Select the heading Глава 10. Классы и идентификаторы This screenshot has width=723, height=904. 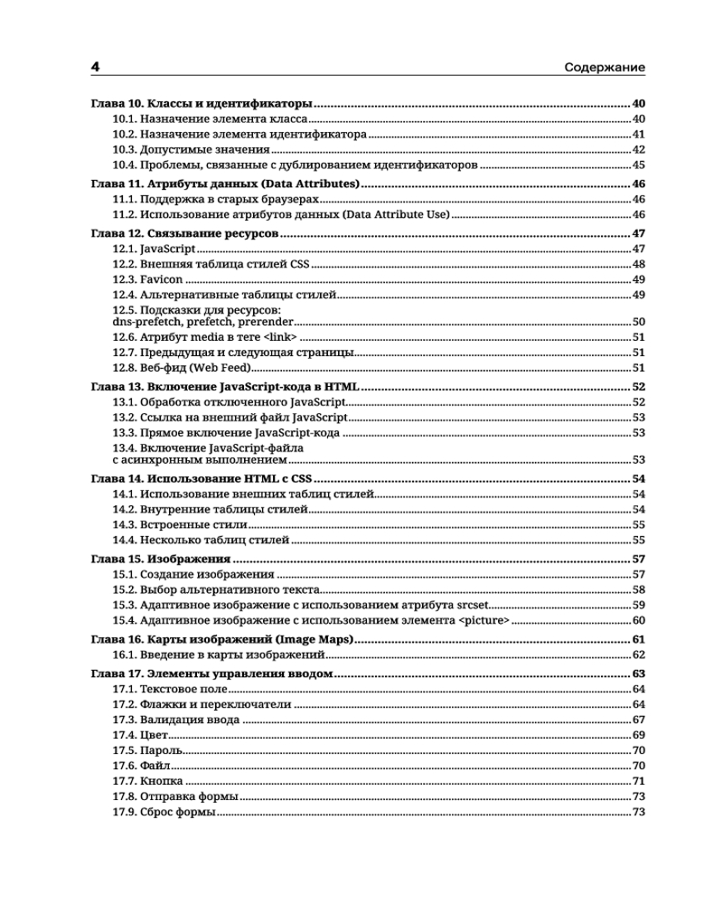pyautogui.click(x=202, y=104)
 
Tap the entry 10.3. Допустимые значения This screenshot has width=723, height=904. pyautogui.click(x=191, y=150)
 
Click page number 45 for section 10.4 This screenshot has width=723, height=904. pyautogui.click(x=638, y=165)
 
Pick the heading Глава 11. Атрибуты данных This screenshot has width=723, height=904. pyautogui.click(x=226, y=184)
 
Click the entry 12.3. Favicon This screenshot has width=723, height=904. pyautogui.click(x=147, y=280)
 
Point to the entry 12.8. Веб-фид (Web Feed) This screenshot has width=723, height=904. pyautogui.click(x=182, y=368)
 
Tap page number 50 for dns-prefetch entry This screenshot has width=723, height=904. pyautogui.click(x=638, y=322)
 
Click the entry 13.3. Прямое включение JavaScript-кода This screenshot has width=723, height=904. pyautogui.click(x=226, y=433)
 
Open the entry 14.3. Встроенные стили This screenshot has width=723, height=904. pyautogui.click(x=180, y=524)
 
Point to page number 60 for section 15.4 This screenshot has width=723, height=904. pyautogui.click(x=638, y=620)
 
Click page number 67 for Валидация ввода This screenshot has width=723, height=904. pyautogui.click(x=638, y=720)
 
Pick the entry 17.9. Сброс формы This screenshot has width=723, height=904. pyautogui.click(x=164, y=812)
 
